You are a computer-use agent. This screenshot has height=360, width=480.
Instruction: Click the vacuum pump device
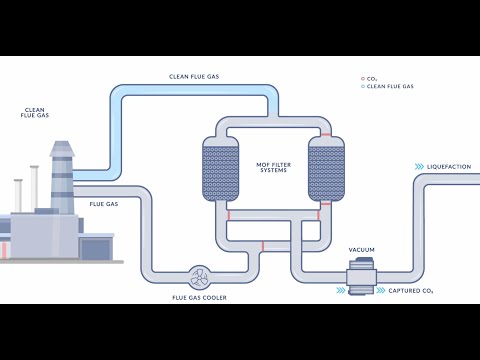[x=362, y=275]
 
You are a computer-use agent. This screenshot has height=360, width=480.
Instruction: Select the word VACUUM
[x=361, y=249]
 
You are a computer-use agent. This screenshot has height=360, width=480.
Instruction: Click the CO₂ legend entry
[x=372, y=78]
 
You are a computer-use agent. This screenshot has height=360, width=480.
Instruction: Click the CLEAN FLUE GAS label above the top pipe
[x=194, y=76]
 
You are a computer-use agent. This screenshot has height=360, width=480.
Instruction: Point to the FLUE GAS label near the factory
[x=104, y=204]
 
